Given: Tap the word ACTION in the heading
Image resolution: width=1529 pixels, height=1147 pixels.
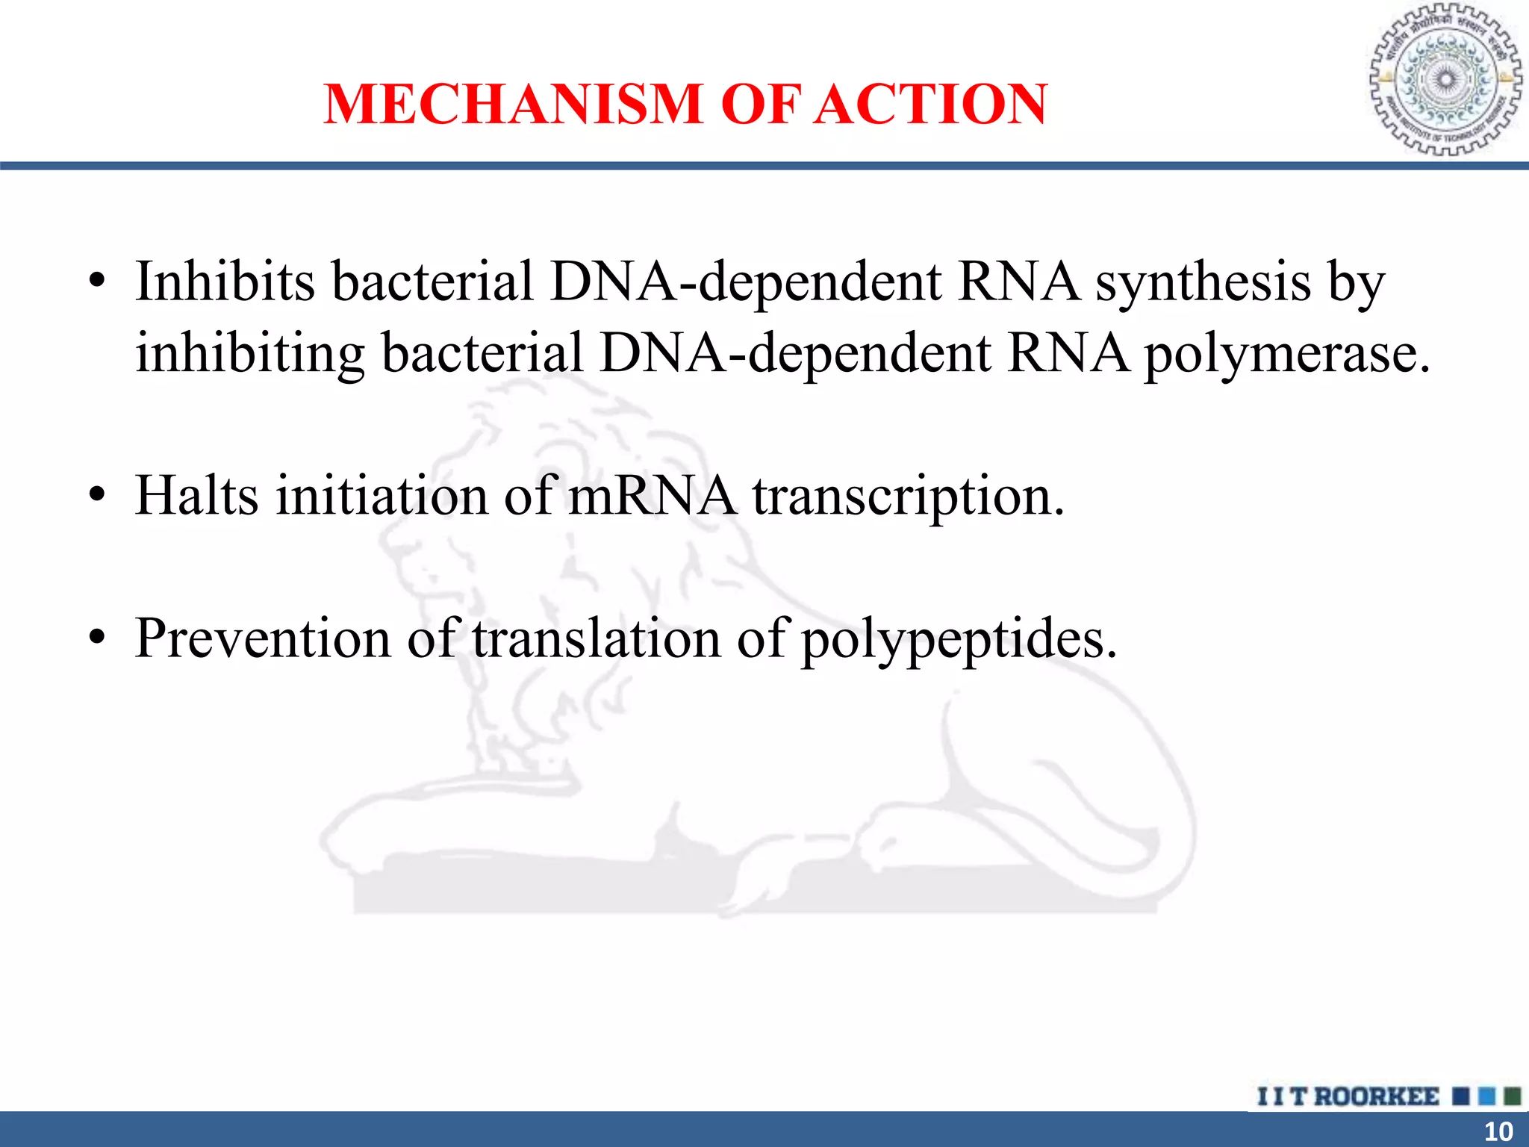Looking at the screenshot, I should pyautogui.click(x=931, y=104).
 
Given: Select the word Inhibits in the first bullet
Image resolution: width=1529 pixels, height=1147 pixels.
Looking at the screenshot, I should pyautogui.click(x=225, y=282).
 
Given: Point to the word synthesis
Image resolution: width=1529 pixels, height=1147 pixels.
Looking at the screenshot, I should pyautogui.click(x=1203, y=283).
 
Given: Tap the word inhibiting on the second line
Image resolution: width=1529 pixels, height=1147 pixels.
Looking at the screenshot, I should pyautogui.click(x=250, y=354).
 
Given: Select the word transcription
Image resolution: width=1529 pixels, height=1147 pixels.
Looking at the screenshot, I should pyautogui.click(x=908, y=497).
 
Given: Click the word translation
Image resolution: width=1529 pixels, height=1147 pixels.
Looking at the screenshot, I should pyautogui.click(x=597, y=638).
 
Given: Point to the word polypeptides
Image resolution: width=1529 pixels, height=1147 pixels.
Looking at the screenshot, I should pyautogui.click(x=959, y=640).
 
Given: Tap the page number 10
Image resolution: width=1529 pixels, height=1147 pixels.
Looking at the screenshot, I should pyautogui.click(x=1498, y=1131).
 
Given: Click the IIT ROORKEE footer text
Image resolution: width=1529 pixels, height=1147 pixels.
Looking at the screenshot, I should pyautogui.click(x=1348, y=1096).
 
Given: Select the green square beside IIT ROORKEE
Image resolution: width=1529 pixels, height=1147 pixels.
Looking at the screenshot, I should pyautogui.click(x=1513, y=1096).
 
